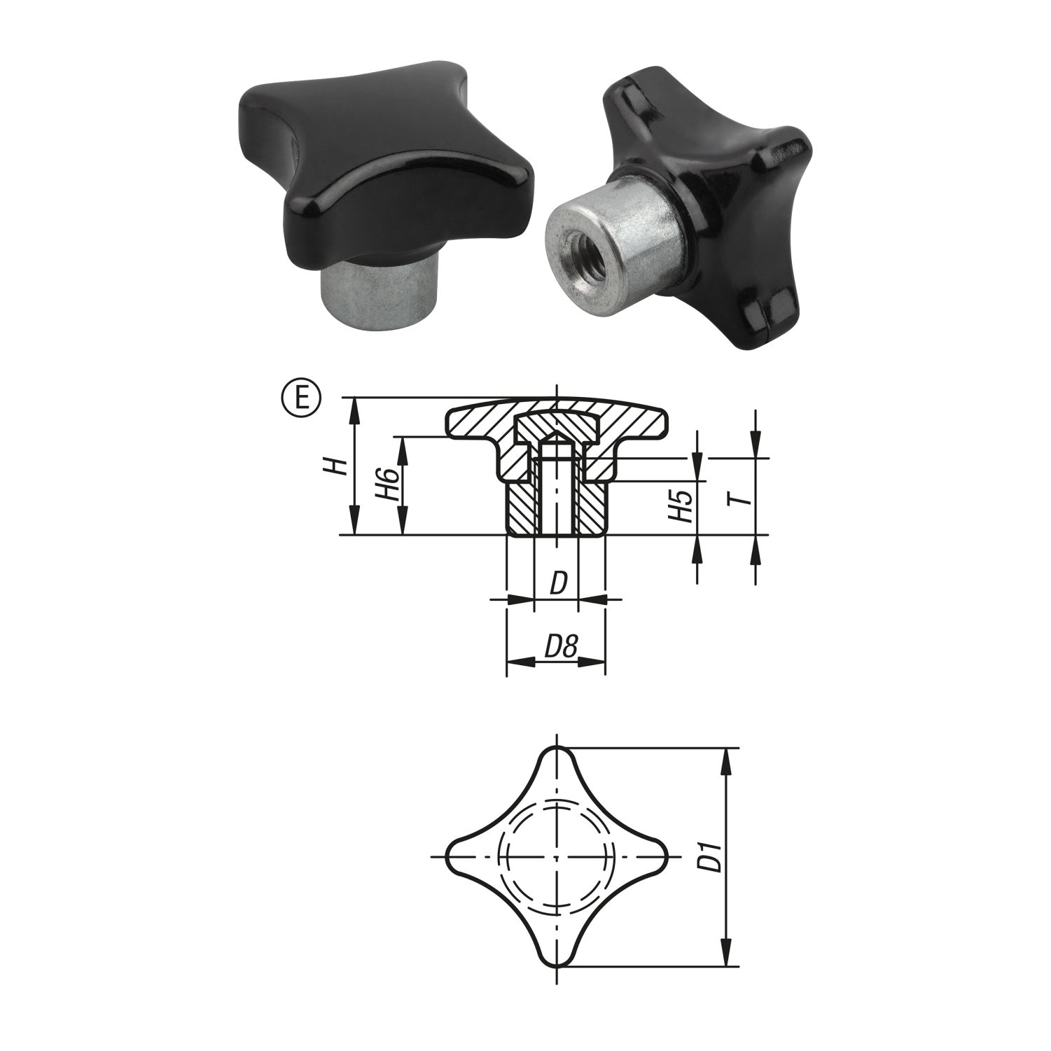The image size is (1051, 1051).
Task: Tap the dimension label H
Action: tap(339, 466)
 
